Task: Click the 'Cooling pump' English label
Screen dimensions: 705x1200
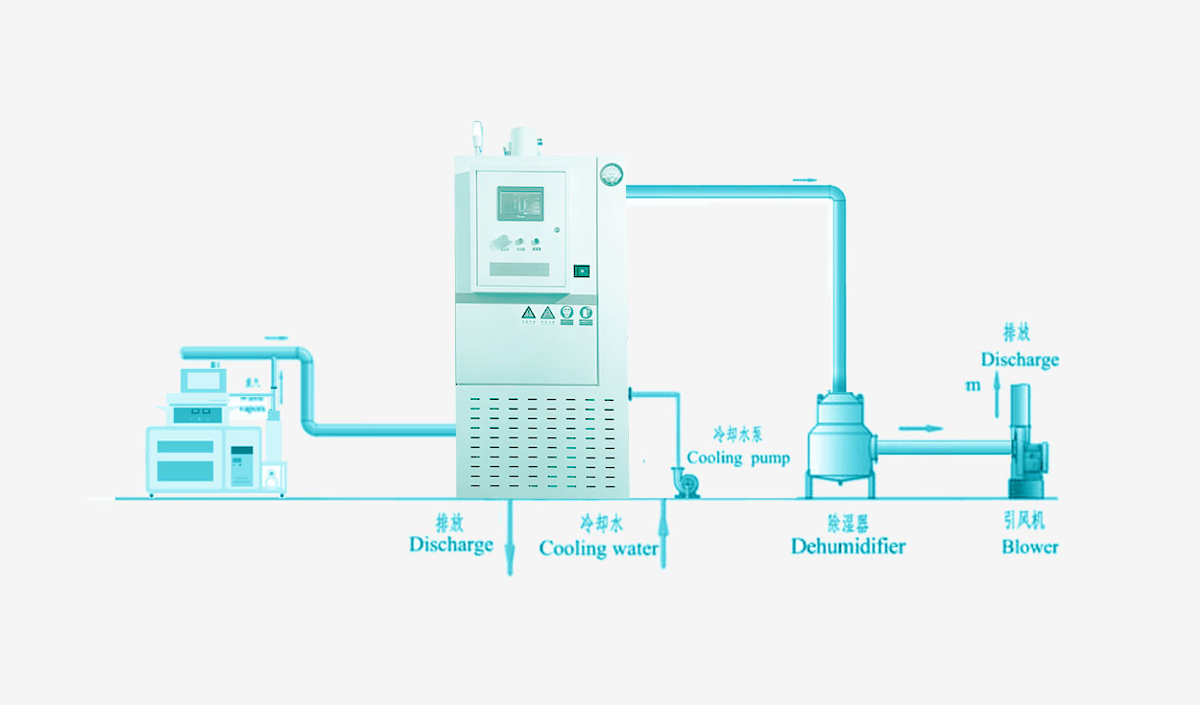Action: (x=738, y=458)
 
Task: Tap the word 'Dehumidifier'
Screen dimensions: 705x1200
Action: (x=848, y=546)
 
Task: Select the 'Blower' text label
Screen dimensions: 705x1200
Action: (x=1030, y=547)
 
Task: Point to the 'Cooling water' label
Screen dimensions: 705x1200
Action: (x=598, y=549)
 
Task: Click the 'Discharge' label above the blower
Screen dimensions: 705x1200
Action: (x=1020, y=360)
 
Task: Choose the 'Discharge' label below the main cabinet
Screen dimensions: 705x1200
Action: (x=451, y=545)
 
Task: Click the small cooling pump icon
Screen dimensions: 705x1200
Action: (x=684, y=482)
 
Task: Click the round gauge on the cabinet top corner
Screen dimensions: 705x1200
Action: (x=612, y=174)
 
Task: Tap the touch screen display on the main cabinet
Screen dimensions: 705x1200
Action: (x=520, y=203)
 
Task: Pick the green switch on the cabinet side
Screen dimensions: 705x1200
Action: (x=581, y=270)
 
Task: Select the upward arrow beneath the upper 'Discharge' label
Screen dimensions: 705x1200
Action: (x=996, y=394)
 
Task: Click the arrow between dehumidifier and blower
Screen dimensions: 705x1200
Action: (x=920, y=428)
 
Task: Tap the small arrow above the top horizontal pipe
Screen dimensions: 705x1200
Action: (x=806, y=179)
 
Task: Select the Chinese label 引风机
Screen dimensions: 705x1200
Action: (x=1023, y=523)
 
